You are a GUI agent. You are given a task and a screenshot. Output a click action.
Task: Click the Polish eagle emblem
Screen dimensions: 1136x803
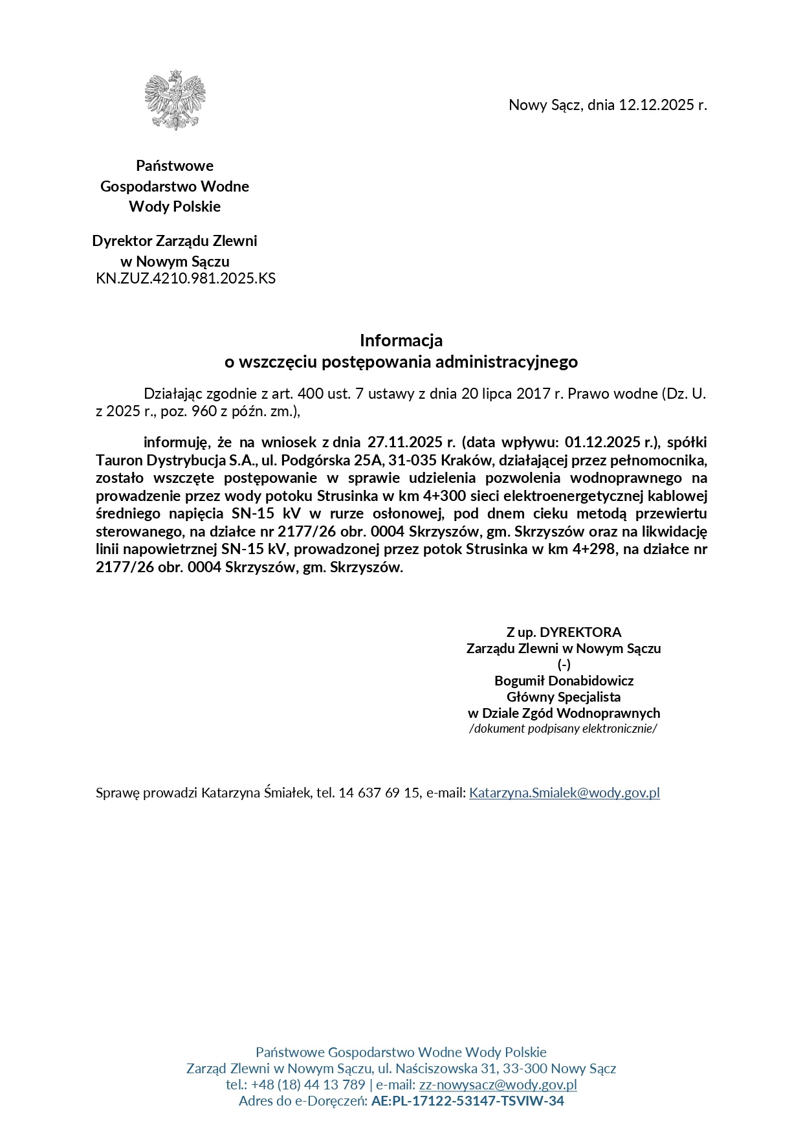pos(175,100)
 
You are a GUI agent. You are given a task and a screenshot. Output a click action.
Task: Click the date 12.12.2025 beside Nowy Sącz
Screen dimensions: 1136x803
pos(656,105)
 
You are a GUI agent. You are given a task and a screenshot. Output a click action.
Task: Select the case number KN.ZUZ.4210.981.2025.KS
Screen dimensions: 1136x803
pos(186,279)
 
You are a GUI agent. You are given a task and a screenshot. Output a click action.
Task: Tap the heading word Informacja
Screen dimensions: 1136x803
pos(401,340)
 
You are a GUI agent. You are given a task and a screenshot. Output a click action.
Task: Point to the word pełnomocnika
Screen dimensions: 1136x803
pos(666,461)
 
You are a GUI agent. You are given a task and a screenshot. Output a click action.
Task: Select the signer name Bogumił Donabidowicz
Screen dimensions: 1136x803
pos(564,681)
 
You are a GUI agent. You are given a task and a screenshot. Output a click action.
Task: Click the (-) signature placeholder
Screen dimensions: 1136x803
pos(564,665)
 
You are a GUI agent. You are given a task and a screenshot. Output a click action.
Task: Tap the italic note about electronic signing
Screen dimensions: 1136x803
pos(563,729)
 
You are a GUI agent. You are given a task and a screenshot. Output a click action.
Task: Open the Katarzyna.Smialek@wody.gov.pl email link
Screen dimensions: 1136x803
pos(564,793)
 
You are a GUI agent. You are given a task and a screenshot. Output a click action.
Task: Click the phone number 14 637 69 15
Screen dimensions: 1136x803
pos(379,793)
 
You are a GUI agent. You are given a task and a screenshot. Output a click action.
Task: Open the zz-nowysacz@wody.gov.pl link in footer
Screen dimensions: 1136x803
pos(498,1085)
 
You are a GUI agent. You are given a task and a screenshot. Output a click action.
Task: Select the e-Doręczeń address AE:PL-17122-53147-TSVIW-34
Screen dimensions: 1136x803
pos(467,1101)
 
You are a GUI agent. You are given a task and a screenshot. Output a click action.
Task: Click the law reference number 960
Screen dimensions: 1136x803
pos(204,411)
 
